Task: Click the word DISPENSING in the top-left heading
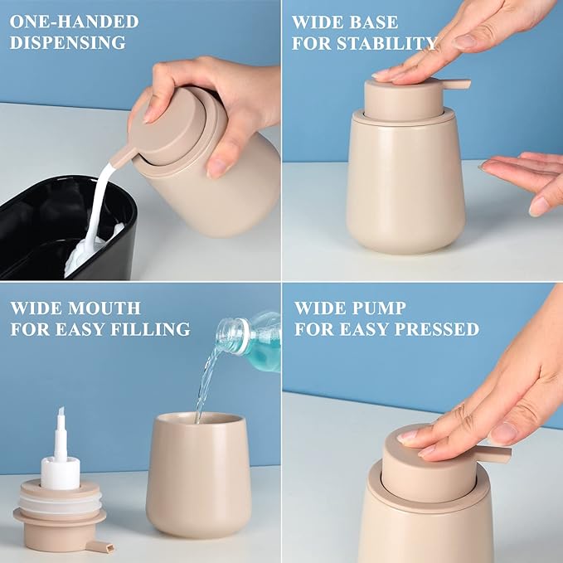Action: click(x=68, y=42)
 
